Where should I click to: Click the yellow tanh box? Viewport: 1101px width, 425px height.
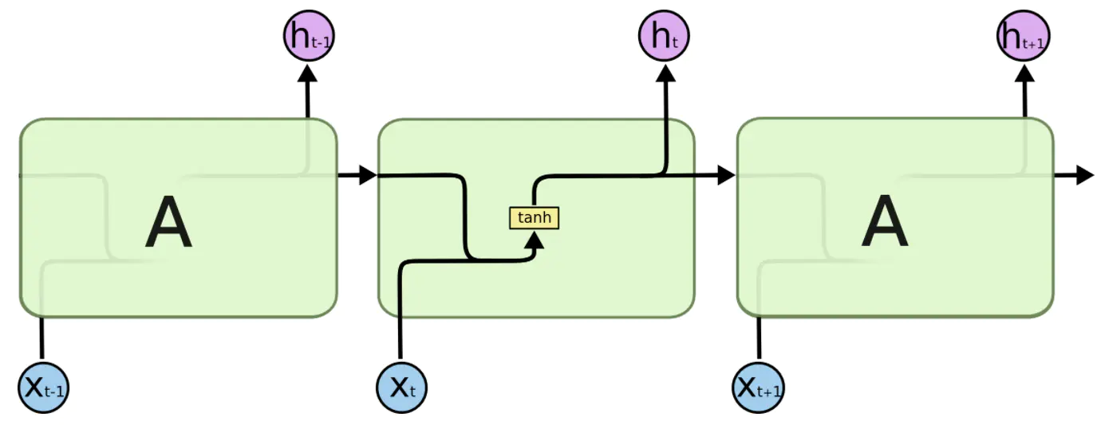pos(534,218)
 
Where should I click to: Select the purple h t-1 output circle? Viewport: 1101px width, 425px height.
pos(309,35)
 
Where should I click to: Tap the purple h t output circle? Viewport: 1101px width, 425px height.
pos(664,35)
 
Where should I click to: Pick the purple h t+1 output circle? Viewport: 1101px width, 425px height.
pos(1024,35)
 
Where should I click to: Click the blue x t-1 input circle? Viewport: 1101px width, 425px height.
pos(43,388)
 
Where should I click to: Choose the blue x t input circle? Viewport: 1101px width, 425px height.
pos(401,388)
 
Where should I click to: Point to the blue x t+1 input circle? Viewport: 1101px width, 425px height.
pos(759,388)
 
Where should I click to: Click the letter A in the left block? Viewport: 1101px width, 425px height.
pos(168,222)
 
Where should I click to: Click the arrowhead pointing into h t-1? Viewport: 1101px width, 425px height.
pos(308,73)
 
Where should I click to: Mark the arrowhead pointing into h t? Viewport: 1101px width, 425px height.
pos(665,73)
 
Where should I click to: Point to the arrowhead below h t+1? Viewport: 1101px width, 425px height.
pos(1025,73)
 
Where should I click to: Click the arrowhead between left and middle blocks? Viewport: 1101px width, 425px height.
pos(368,175)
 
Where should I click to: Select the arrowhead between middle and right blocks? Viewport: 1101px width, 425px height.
pos(727,175)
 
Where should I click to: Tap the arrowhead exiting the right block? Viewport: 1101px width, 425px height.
pos(1085,175)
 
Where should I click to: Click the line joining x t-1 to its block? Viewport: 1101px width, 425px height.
pos(41,339)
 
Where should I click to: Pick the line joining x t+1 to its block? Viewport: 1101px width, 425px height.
pos(759,339)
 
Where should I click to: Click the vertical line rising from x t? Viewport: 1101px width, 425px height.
pos(400,315)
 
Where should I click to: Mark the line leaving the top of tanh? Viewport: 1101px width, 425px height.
pos(600,175)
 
